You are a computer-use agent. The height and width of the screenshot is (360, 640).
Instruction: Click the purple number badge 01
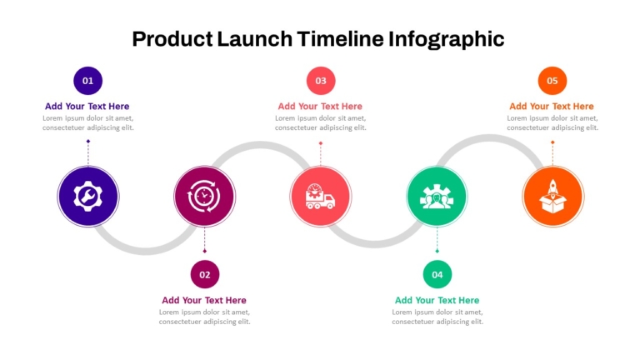pos(87,81)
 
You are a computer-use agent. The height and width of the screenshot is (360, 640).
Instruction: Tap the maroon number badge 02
pos(205,274)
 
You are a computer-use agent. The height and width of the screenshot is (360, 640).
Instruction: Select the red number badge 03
pos(321,81)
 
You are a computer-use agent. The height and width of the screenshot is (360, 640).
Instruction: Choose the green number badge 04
pos(437,274)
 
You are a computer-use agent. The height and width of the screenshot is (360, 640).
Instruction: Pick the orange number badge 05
pos(552,81)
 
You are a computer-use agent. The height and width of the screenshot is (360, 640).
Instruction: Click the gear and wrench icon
pos(87,197)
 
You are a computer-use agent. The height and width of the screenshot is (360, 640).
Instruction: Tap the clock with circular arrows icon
pos(204,197)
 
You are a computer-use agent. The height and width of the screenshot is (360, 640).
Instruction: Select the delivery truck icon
pos(320,197)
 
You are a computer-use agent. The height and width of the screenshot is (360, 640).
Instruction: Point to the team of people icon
pos(437,197)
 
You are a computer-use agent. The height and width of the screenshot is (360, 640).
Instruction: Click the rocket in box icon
pos(552,197)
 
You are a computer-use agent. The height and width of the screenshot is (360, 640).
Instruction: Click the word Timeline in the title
pos(340,39)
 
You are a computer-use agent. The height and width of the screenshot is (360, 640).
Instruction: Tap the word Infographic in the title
pos(446,40)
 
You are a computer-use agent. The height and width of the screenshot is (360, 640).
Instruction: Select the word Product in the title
pos(172,39)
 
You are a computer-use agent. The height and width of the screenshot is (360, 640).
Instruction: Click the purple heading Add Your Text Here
pos(87,106)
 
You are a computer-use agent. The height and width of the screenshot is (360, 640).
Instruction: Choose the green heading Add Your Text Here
pos(437,300)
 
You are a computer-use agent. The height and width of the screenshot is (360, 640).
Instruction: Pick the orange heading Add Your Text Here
pos(552,106)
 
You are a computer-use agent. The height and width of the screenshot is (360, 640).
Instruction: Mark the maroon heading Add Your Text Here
pos(204,300)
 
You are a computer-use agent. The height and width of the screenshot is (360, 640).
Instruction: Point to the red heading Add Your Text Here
pos(320,106)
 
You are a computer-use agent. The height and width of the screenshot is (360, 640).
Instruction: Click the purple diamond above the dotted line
pos(88,141)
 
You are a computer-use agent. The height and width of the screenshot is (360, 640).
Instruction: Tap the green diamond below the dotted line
pos(437,251)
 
